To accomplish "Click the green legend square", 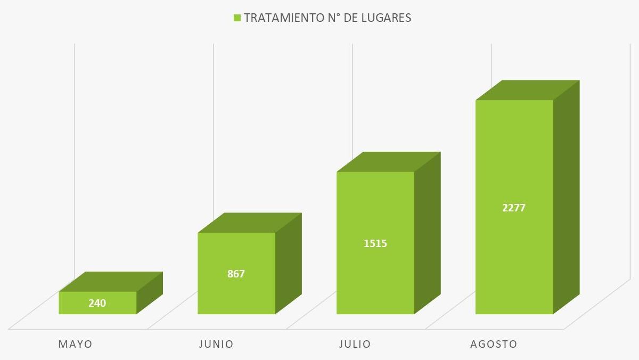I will tap(237, 18).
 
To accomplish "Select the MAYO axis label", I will tap(75, 344).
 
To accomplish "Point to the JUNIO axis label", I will tap(216, 344).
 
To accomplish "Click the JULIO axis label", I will tap(355, 344).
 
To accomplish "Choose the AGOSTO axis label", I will tap(494, 344).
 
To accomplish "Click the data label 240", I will tap(97, 303).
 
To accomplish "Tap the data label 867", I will tap(236, 274).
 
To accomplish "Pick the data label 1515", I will tap(375, 243).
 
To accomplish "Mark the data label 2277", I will tap(514, 208).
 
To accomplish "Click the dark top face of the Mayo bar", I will tap(111, 282).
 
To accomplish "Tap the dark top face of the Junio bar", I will tap(250, 223).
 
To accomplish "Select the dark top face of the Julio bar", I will tap(389, 162).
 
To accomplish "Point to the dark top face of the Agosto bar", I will tap(527, 90).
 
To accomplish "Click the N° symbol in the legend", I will tap(333, 18).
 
